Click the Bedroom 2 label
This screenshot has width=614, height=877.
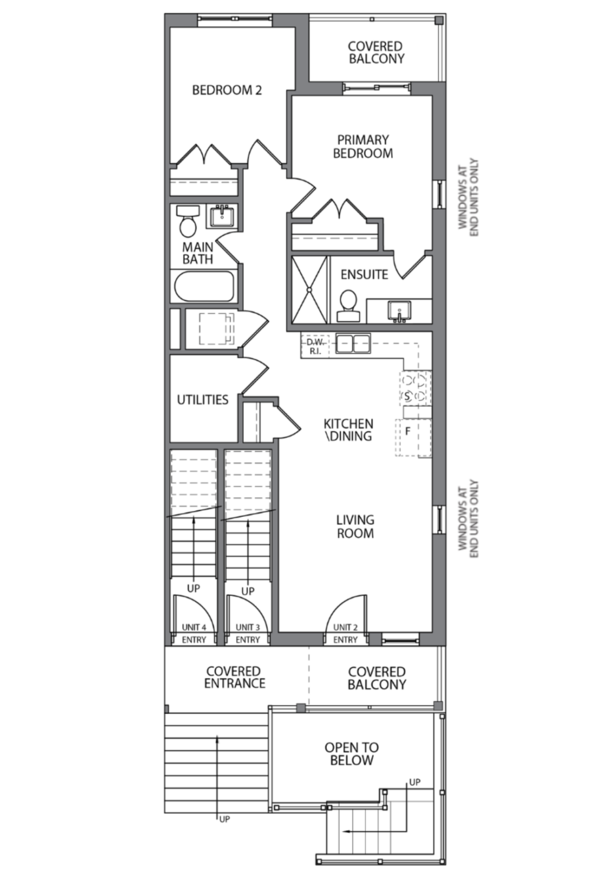(x=227, y=90)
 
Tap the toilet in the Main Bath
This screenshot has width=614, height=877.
(x=188, y=221)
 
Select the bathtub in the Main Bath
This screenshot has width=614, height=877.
(x=204, y=286)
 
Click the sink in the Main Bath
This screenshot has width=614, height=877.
(x=222, y=216)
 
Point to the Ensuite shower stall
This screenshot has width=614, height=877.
(x=309, y=290)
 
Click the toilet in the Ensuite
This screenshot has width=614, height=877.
(x=348, y=306)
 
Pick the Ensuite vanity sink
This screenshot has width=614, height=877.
(x=399, y=311)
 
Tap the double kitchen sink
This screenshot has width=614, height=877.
(x=353, y=344)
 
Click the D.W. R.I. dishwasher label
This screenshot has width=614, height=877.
(x=315, y=347)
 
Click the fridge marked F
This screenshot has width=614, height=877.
(x=413, y=437)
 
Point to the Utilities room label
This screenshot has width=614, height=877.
(x=202, y=400)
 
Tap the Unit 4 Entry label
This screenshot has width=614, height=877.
(x=194, y=633)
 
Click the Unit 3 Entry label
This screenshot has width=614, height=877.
(x=248, y=633)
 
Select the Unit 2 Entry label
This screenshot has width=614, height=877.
(x=346, y=633)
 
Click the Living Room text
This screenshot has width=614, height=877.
(x=355, y=527)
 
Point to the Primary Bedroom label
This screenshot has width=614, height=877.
(x=363, y=146)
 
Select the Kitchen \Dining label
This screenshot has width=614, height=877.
(x=348, y=430)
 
